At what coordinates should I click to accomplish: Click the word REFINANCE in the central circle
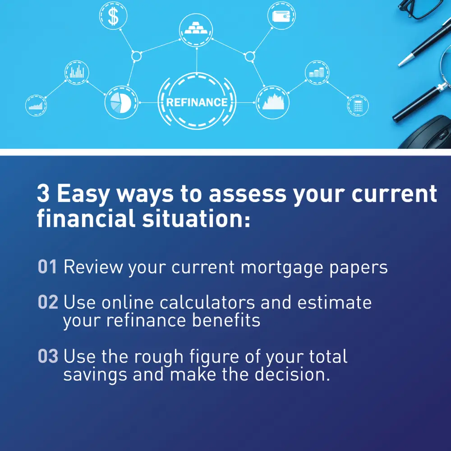point(197,102)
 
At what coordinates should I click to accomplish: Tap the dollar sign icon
point(113,17)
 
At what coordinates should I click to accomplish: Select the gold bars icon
point(196,30)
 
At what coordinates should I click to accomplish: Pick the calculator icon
point(358,106)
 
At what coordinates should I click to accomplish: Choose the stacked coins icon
point(318,73)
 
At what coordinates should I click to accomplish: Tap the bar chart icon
point(77,72)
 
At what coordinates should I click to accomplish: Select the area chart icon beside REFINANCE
point(273,102)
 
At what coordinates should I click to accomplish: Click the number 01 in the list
point(47,267)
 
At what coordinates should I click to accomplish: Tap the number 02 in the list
point(48,302)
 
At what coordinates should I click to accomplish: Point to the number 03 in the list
point(48,357)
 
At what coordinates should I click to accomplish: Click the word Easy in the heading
point(83,194)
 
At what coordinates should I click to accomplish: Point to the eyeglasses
point(422,9)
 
